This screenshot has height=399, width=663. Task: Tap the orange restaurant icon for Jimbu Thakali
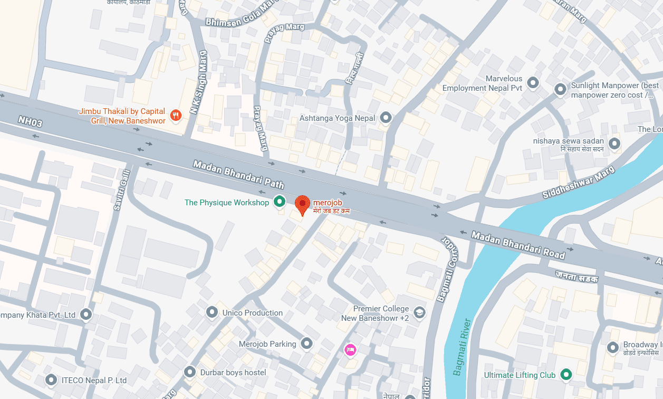pyautogui.click(x=176, y=115)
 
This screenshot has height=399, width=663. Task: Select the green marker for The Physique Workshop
pyautogui.click(x=279, y=202)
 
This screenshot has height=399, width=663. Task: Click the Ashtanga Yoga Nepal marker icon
pyautogui.click(x=386, y=118)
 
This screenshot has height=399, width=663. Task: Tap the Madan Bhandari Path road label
pyautogui.click(x=238, y=175)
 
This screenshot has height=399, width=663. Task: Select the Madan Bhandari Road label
pyautogui.click(x=518, y=245)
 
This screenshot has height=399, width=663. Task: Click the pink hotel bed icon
pyautogui.click(x=350, y=349)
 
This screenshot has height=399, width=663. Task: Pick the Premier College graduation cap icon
pyautogui.click(x=419, y=312)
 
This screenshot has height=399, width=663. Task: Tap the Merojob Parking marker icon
pyautogui.click(x=306, y=344)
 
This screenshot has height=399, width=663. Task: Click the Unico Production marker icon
pyautogui.click(x=212, y=312)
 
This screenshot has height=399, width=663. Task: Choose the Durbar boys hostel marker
pyautogui.click(x=190, y=372)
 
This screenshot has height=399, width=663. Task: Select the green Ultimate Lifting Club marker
pyautogui.click(x=566, y=375)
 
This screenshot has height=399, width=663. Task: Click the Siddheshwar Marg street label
pyautogui.click(x=578, y=182)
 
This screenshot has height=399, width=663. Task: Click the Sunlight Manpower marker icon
pyautogui.click(x=560, y=90)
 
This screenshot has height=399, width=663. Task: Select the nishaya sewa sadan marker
pyautogui.click(x=614, y=143)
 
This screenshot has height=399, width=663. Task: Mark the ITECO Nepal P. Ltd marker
pyautogui.click(x=51, y=379)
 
